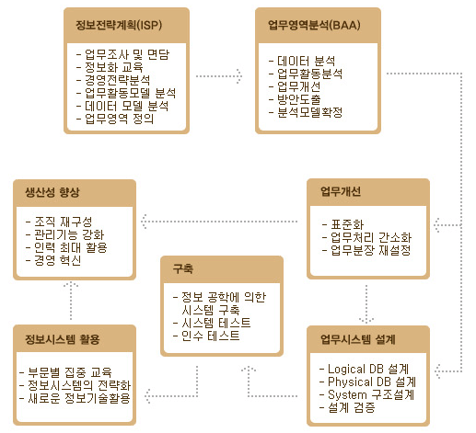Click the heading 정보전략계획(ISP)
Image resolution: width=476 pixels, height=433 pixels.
pos(119,25)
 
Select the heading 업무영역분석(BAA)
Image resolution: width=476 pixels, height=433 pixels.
pos(314,25)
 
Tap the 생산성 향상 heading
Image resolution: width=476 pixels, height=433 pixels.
pos(52,192)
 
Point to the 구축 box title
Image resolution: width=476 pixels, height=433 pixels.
pos(183,268)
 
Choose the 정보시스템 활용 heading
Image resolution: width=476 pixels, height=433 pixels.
pos(63,339)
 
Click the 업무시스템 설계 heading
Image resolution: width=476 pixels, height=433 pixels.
pos(358,339)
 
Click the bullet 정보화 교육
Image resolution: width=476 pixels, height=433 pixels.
pos(114,67)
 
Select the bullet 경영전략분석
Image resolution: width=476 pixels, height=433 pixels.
pos(118,80)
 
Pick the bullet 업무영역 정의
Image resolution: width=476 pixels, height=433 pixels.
pos(119,119)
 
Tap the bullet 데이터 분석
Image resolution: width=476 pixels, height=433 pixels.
pos(306,61)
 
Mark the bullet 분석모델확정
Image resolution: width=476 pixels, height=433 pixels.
pos(309,112)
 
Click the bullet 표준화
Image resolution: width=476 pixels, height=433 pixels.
pos(347,224)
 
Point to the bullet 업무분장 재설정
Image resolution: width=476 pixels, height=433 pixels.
pos(371,250)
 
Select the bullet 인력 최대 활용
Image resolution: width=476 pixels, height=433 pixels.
pos(71,247)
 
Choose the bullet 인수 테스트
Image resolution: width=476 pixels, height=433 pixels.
pos(211,336)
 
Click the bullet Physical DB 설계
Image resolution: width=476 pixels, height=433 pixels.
pos(372,382)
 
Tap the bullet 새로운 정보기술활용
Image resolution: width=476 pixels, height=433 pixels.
pos(79,398)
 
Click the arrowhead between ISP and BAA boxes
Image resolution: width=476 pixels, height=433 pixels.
pos(239,76)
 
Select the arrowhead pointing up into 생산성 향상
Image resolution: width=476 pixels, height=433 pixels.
pos(71,284)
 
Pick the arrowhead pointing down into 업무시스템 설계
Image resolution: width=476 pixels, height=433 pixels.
pos(366,320)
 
